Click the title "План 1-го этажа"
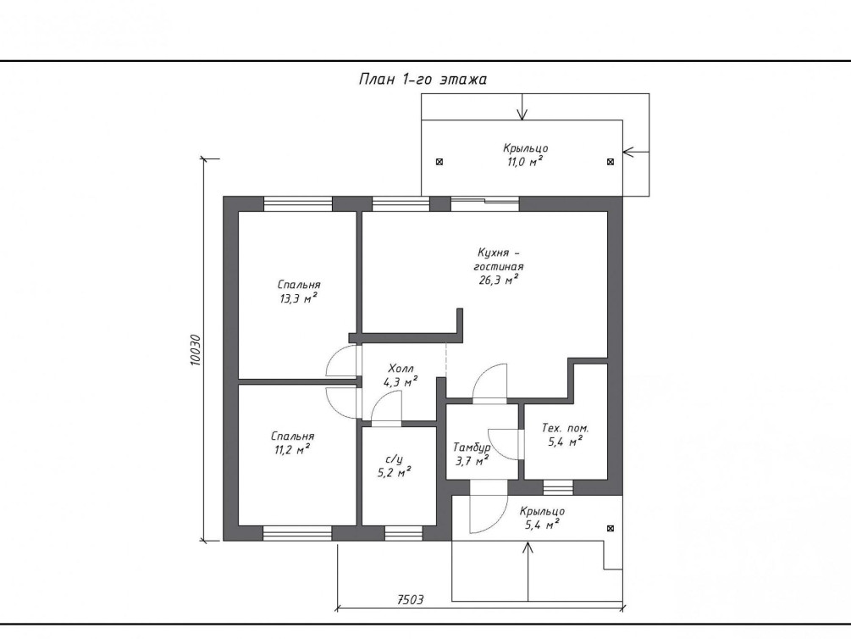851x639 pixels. pyautogui.click(x=423, y=80)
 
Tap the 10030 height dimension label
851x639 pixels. pyautogui.click(x=196, y=350)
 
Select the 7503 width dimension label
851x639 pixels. pyautogui.click(x=411, y=600)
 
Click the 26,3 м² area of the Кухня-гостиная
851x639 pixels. pyautogui.click(x=496, y=281)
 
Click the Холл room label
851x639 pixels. pyautogui.click(x=401, y=369)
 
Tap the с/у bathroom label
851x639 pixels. pyautogui.click(x=394, y=459)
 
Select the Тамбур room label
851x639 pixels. pyautogui.click(x=472, y=447)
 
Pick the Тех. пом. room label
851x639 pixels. pyautogui.click(x=565, y=428)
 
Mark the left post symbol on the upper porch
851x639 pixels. pyautogui.click(x=439, y=162)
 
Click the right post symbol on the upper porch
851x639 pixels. pyautogui.click(x=610, y=162)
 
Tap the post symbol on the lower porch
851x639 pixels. pyautogui.click(x=610, y=528)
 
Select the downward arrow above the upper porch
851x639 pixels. pyautogui.click(x=522, y=107)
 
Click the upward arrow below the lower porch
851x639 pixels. pyautogui.click(x=527, y=571)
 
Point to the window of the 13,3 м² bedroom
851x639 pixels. pyautogui.click(x=297, y=203)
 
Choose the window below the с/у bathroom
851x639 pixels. pyautogui.click(x=403, y=533)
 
